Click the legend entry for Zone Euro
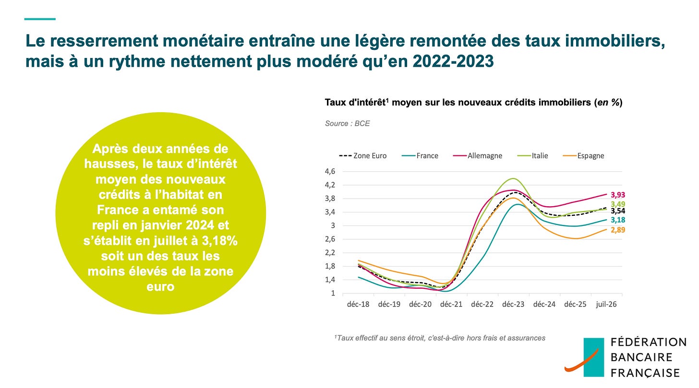pyautogui.click(x=362, y=155)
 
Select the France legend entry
pyautogui.click(x=420, y=155)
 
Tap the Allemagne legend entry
pyautogui.click(x=478, y=155)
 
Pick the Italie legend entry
pyautogui.click(x=533, y=155)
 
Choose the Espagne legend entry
pyautogui.click(x=584, y=155)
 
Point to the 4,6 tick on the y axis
pyautogui.click(x=330, y=171)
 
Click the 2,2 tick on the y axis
pyautogui.click(x=330, y=252)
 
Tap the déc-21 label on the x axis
pyautogui.click(x=451, y=304)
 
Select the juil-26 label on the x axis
pyautogui.click(x=606, y=304)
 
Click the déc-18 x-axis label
pyautogui.click(x=358, y=304)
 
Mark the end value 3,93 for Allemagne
pyautogui.click(x=618, y=195)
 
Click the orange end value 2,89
pyautogui.click(x=618, y=230)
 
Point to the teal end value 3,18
pyautogui.click(x=618, y=220)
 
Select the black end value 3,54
pyautogui.click(x=618, y=211)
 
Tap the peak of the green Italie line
pyautogui.click(x=513, y=178)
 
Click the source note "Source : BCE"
pyautogui.click(x=347, y=123)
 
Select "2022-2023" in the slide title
pyautogui.click(x=453, y=61)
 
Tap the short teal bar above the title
pyautogui.click(x=40, y=19)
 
